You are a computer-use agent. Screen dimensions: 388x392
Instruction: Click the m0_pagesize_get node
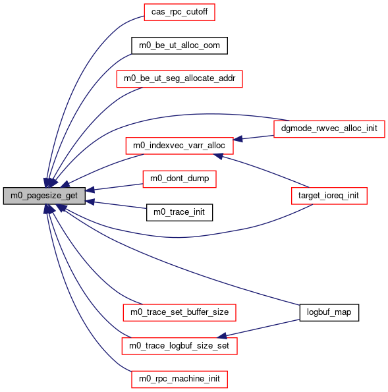tap(44, 196)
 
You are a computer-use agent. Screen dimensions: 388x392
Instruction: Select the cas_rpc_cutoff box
tap(179, 12)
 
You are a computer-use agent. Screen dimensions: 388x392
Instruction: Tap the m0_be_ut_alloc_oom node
tap(179, 45)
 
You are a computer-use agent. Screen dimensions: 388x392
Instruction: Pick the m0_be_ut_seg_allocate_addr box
tap(179, 79)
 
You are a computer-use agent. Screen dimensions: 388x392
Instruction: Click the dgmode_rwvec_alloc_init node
tap(329, 128)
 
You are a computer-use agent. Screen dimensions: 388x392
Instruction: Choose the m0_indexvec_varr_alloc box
tap(179, 146)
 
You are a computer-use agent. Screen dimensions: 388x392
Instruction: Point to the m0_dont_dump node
tap(179, 179)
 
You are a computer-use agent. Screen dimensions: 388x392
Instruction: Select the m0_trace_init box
tap(179, 213)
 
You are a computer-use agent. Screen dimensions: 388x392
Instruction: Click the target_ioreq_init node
tap(329, 196)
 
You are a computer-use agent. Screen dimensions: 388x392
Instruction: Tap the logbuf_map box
tap(329, 312)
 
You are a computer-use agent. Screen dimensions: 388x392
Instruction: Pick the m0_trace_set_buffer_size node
tap(179, 312)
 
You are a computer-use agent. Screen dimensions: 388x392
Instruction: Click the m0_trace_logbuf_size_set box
tap(179, 346)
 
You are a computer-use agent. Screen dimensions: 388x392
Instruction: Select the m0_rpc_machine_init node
tap(179, 379)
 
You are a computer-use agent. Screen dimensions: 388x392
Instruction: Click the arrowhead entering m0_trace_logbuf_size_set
tap(222, 336)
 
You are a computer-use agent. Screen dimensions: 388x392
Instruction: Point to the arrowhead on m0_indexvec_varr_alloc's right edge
tap(238, 139)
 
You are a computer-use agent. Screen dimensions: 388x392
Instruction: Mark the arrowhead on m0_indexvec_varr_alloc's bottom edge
tap(218, 156)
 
